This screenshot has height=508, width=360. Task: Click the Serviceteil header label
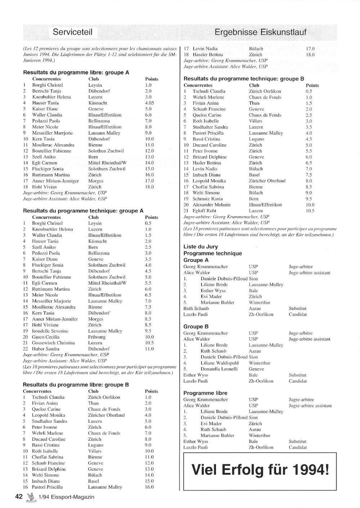(x=72, y=32)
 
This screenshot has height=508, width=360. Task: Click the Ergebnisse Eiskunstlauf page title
(x=260, y=32)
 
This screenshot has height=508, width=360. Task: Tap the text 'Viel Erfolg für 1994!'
(x=260, y=470)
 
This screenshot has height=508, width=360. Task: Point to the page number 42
(x=19, y=497)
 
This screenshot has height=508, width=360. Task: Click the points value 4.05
(x=149, y=103)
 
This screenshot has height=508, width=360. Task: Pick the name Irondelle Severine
(x=50, y=331)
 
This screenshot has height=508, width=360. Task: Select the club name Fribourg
(x=97, y=337)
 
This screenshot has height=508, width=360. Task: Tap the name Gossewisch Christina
(x=53, y=343)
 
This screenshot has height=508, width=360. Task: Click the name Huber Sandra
(x=45, y=349)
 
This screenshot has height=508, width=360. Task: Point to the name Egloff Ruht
(x=205, y=211)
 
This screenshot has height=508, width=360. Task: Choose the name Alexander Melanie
(x=211, y=205)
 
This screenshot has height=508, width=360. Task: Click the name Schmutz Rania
(x=207, y=199)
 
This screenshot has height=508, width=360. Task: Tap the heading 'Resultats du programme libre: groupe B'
(x=76, y=385)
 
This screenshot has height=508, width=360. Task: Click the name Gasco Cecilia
(x=46, y=337)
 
